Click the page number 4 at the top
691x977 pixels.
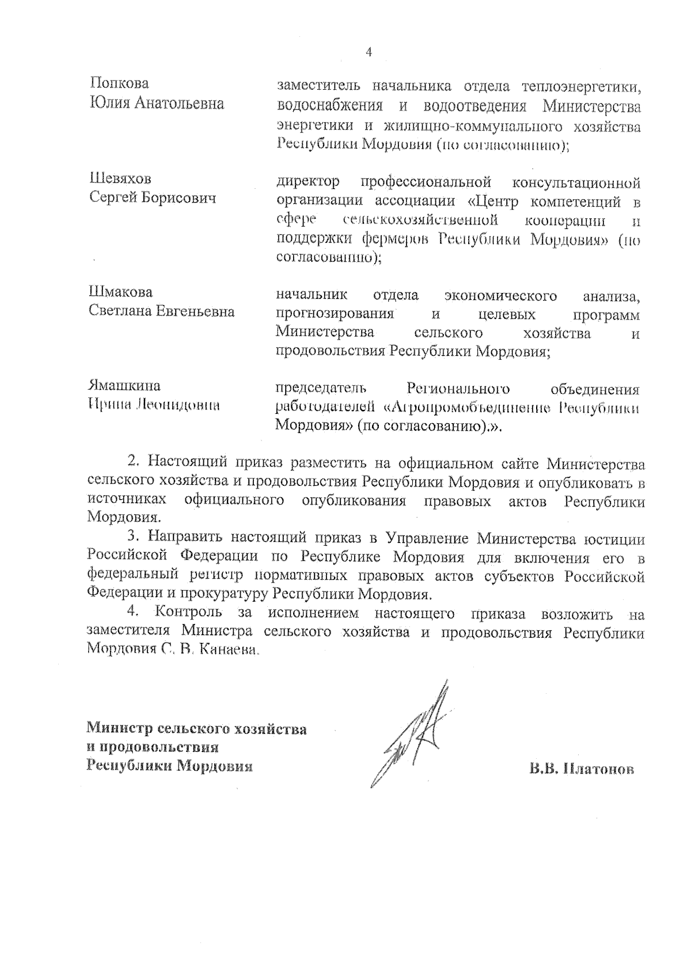pos(369,52)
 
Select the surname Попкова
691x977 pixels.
pos(120,83)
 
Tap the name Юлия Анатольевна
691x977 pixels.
pos(157,104)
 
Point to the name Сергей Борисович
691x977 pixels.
pos(153,198)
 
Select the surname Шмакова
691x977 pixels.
pos(120,292)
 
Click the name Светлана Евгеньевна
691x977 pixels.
pos(161,311)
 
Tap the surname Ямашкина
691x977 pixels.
pos(124,385)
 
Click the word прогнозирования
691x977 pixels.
pos(335,314)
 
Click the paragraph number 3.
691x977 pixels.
pos(133,538)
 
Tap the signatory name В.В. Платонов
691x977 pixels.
pos(582,769)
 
